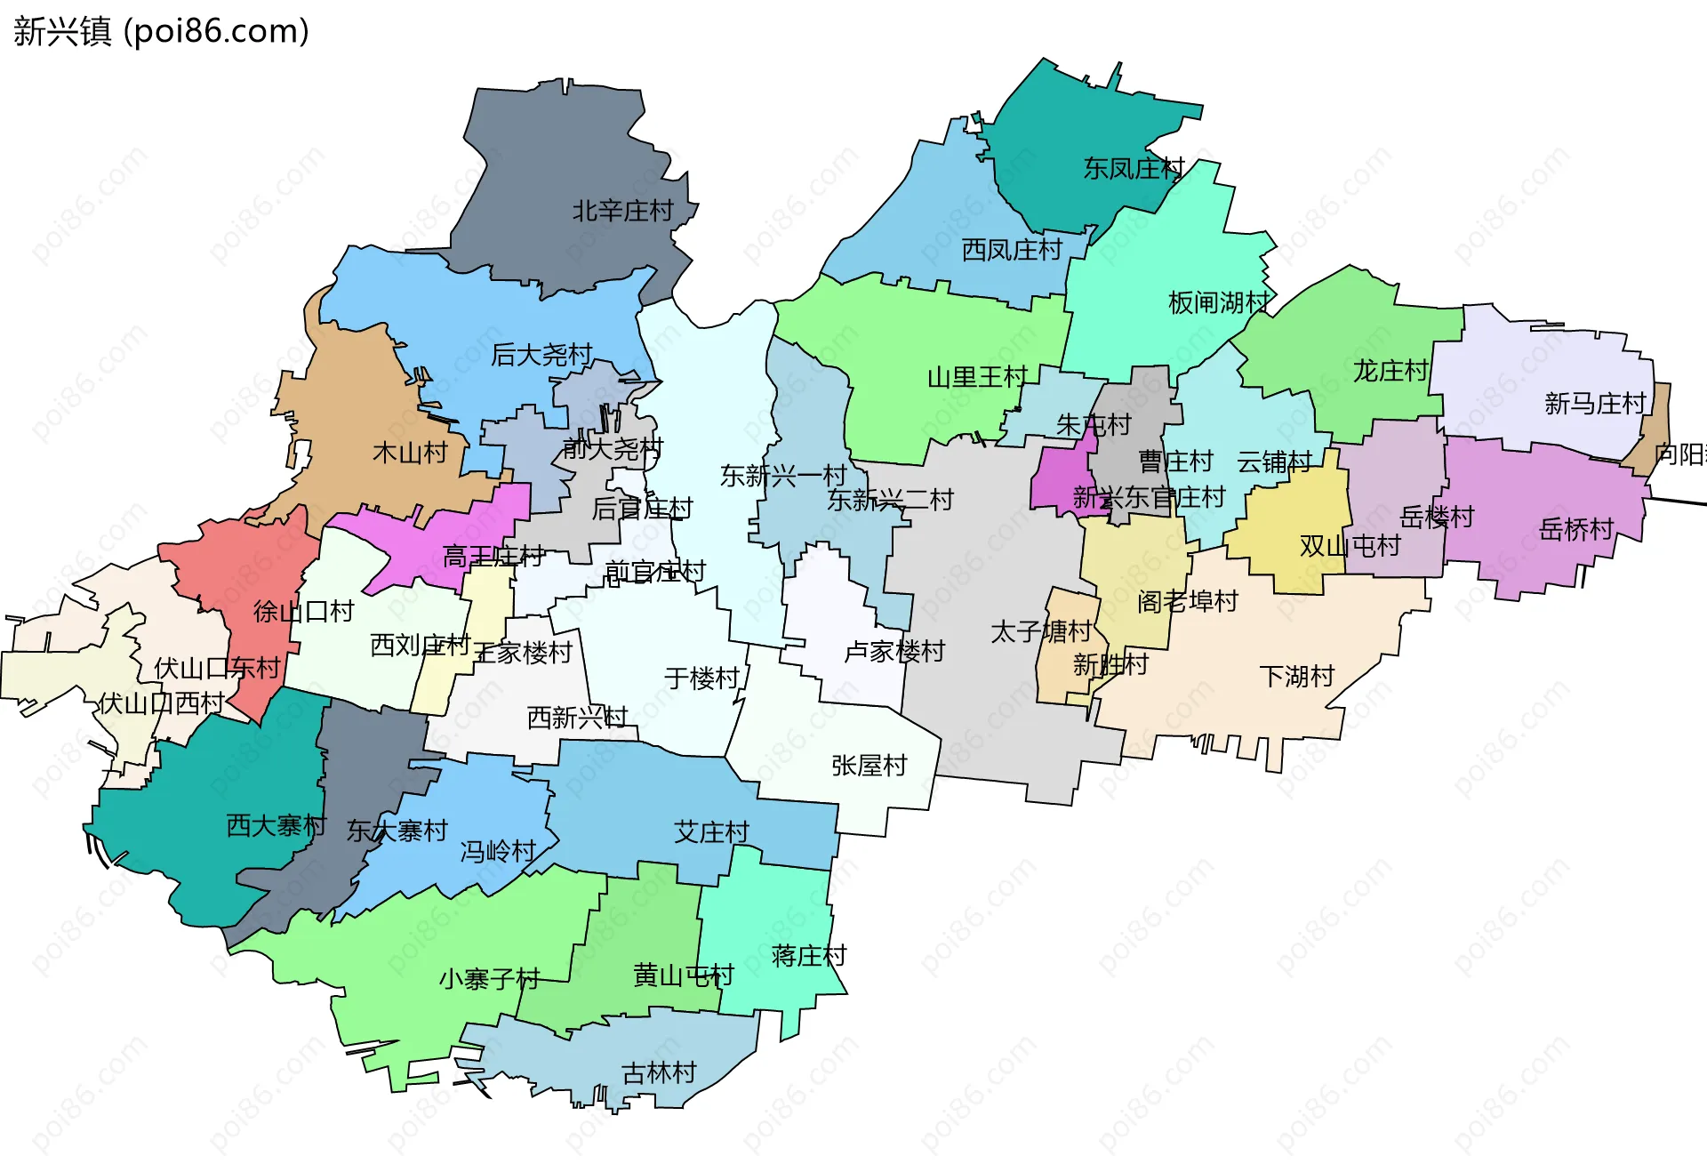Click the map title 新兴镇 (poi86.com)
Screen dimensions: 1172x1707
(x=161, y=31)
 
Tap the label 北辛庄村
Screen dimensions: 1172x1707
(x=622, y=212)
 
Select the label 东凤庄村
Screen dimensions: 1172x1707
(x=1134, y=168)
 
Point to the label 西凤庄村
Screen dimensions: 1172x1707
(x=1012, y=250)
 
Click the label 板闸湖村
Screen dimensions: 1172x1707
(x=1218, y=303)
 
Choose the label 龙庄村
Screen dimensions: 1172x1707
(x=1390, y=371)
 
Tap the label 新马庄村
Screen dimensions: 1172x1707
(x=1595, y=404)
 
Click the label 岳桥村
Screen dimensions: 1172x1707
(x=1576, y=530)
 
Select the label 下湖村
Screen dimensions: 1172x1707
(x=1297, y=677)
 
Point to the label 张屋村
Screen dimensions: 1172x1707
(x=869, y=766)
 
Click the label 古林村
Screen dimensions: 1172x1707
(x=659, y=1073)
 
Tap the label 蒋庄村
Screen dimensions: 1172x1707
(x=809, y=956)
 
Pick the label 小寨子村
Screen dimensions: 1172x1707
(x=489, y=980)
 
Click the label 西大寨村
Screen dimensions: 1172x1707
(x=276, y=826)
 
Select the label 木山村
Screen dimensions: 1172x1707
(x=410, y=454)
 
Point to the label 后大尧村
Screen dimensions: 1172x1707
(x=541, y=355)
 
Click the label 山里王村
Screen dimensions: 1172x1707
(x=977, y=378)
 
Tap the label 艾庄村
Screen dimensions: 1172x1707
(x=711, y=832)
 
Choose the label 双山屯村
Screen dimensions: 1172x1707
(x=1350, y=546)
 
